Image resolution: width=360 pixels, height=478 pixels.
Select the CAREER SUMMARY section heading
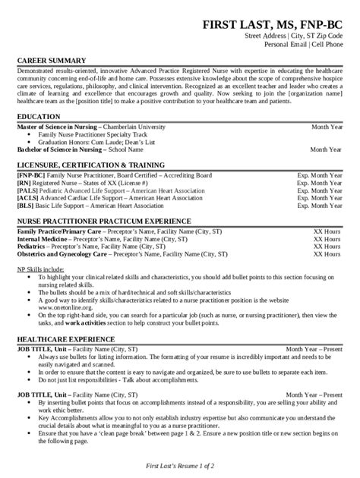pos(48,58)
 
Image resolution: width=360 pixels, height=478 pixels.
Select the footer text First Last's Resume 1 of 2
pos(180,464)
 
